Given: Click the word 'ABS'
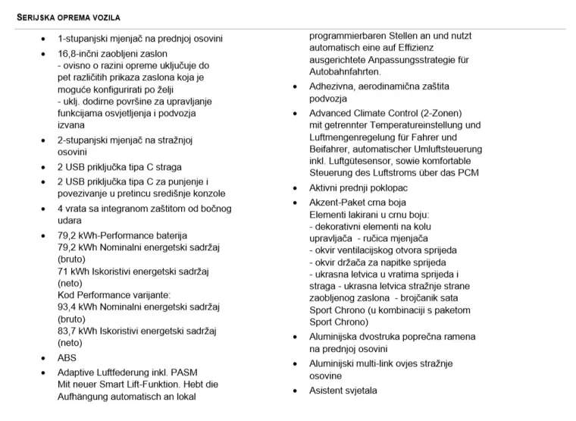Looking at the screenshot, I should coord(67,358).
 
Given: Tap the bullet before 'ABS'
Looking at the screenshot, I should coord(42,358).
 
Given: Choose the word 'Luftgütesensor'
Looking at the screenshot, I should coord(360,161).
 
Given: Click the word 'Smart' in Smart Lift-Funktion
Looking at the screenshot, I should coord(121,385).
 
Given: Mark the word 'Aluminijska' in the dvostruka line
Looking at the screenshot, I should coord(334,337).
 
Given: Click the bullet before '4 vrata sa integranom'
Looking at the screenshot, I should coord(42,209).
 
